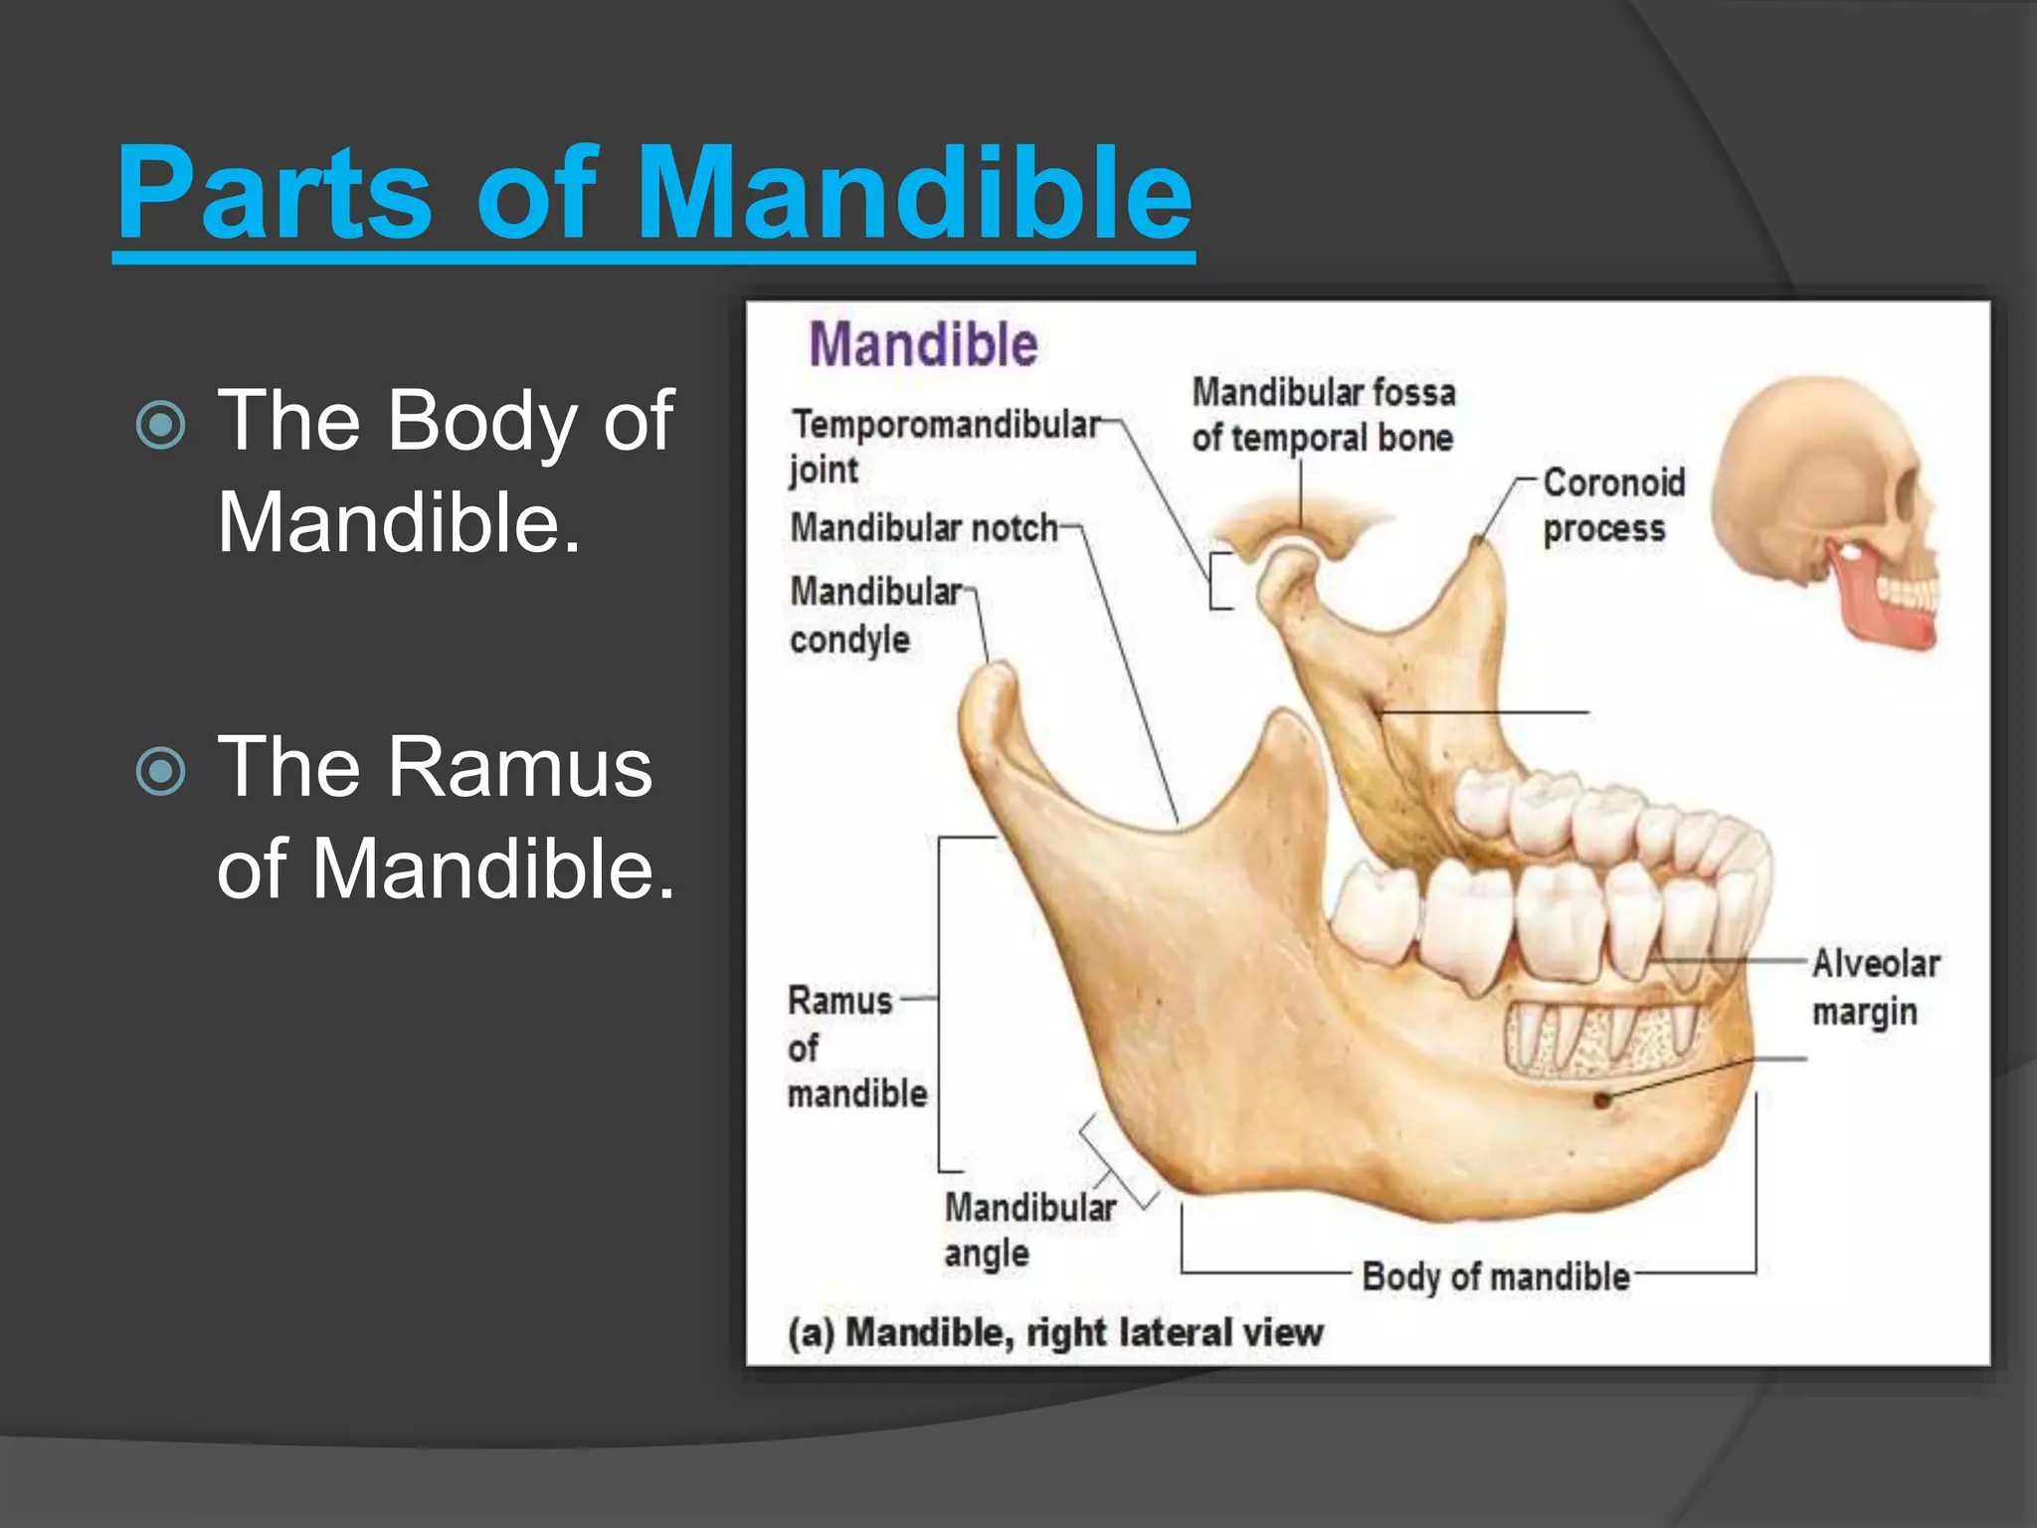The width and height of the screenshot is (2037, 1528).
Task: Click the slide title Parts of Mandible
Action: (654, 193)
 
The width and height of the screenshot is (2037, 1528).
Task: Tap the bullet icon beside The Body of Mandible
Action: (160, 425)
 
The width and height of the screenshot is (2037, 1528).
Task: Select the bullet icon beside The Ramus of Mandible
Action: (160, 771)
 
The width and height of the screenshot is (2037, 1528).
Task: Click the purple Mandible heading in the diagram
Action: (923, 345)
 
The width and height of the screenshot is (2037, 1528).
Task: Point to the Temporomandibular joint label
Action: (945, 446)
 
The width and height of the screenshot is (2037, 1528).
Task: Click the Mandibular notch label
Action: (923, 527)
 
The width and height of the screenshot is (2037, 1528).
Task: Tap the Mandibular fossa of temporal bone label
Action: (1323, 415)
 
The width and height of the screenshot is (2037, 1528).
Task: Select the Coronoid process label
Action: (1613, 505)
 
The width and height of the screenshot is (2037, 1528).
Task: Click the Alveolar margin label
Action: (1875, 987)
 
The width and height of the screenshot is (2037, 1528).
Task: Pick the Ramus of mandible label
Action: (855, 1047)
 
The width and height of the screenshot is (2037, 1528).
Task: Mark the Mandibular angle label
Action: (1028, 1230)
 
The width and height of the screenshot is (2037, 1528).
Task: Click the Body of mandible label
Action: (1495, 1276)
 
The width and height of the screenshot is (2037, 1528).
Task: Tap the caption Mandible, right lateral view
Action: (1055, 1332)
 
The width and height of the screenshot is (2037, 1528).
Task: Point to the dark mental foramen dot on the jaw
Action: (1601, 1100)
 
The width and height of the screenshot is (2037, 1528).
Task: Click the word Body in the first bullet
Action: (481, 421)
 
